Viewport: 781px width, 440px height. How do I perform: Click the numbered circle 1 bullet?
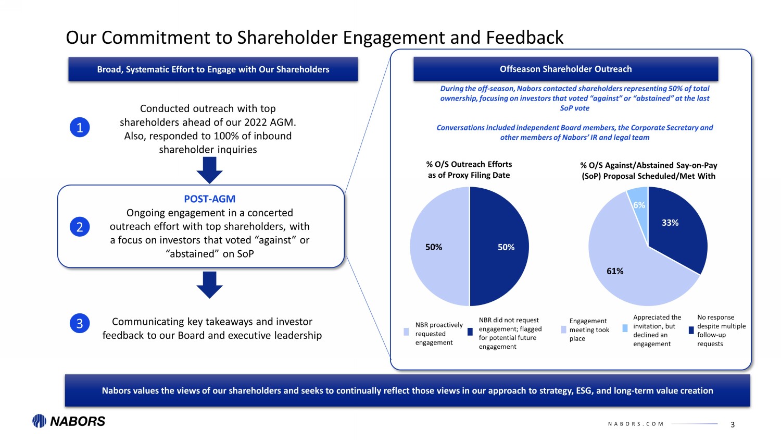click(80, 128)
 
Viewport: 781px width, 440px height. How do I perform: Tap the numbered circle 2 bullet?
click(80, 227)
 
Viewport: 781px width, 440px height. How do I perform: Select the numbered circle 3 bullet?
click(80, 323)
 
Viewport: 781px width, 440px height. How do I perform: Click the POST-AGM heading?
click(209, 199)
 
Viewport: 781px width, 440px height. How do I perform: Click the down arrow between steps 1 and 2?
click(210, 170)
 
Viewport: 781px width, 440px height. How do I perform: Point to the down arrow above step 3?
click(210, 285)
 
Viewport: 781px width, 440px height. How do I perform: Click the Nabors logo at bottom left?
click(69, 421)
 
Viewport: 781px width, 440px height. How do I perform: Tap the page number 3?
click(733, 425)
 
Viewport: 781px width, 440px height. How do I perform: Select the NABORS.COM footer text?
click(636, 424)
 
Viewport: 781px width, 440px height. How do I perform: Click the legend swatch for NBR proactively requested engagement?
click(407, 332)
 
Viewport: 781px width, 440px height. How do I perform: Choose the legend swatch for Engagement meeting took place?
click(563, 329)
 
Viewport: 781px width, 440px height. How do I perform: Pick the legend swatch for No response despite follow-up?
click(691, 329)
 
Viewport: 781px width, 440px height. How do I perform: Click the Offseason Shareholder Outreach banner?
click(565, 69)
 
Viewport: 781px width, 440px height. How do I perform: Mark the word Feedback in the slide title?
click(524, 38)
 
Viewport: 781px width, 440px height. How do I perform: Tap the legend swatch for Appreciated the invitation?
click(625, 328)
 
